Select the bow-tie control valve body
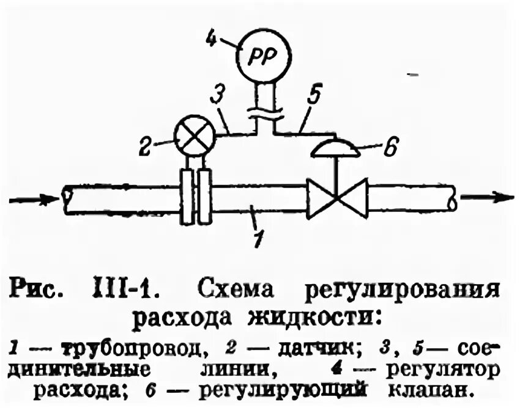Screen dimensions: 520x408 pyautogui.click(x=336, y=198)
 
